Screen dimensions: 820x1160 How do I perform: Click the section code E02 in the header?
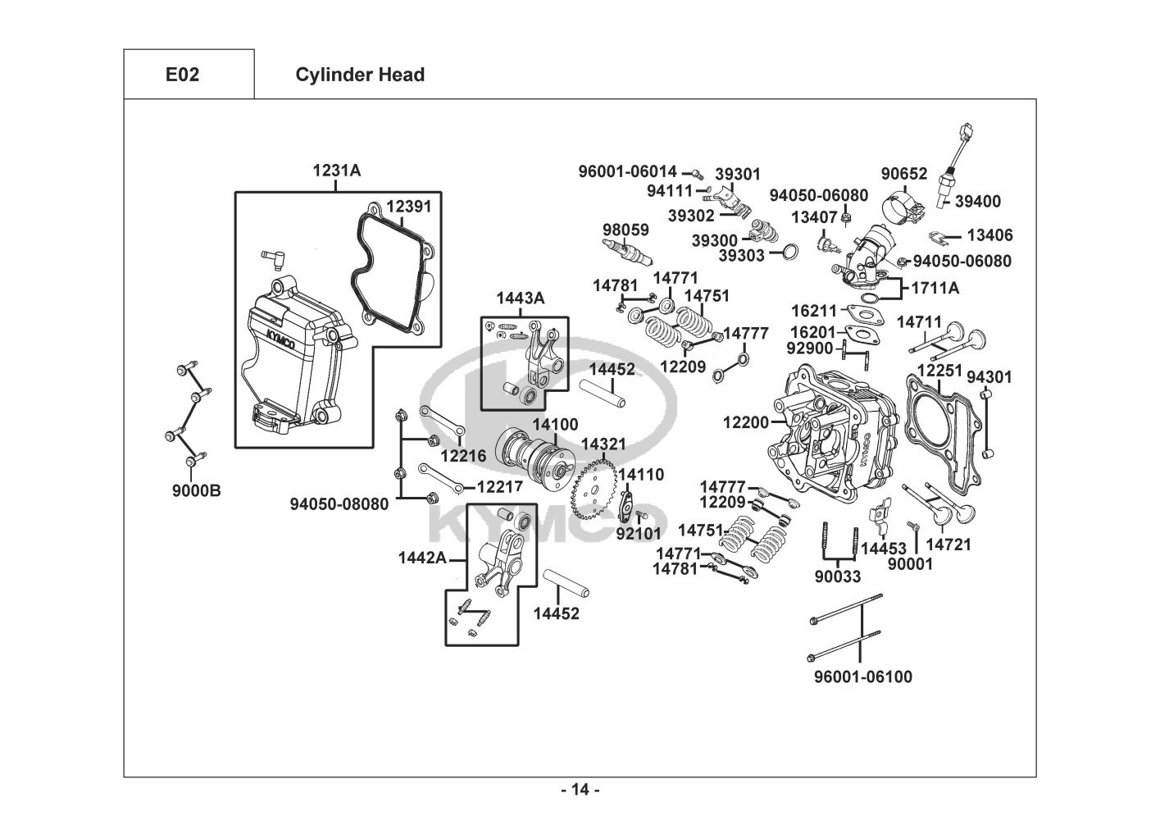(x=182, y=75)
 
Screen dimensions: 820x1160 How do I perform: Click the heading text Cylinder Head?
(x=360, y=75)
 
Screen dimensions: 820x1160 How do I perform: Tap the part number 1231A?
(x=336, y=171)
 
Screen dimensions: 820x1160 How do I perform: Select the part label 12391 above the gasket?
(x=408, y=207)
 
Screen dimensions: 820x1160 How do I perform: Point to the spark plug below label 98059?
(x=627, y=250)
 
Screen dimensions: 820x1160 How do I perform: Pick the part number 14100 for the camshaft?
(x=555, y=425)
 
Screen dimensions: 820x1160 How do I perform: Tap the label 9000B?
(x=196, y=491)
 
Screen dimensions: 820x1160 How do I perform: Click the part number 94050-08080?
(x=339, y=504)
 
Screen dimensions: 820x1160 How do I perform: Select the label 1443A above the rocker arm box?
(x=520, y=298)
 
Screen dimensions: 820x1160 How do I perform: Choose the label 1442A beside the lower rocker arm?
(x=422, y=558)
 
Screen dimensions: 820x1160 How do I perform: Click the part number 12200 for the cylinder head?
(x=746, y=422)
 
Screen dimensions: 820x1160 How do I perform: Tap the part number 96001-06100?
(x=862, y=676)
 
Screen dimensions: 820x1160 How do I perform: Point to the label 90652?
(x=904, y=174)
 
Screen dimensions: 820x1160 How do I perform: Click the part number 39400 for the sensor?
(x=978, y=202)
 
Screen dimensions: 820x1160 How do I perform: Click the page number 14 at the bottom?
(x=580, y=790)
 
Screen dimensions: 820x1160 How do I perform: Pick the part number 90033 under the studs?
(x=838, y=576)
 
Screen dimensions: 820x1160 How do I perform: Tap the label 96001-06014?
(x=628, y=171)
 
